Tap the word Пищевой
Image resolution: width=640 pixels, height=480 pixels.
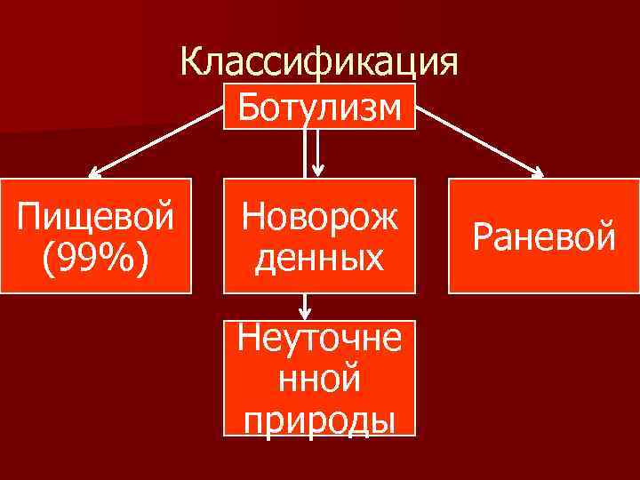(96, 216)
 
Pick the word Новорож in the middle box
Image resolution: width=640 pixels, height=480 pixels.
(319, 216)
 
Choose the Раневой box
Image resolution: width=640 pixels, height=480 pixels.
(544, 236)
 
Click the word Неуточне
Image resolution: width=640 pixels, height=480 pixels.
(319, 340)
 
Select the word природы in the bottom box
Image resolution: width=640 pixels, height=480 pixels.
(319, 418)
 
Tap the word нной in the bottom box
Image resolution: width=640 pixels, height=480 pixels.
(319, 379)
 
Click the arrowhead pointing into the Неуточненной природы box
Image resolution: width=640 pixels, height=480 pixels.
(305, 315)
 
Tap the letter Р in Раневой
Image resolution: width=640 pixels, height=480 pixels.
(483, 237)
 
